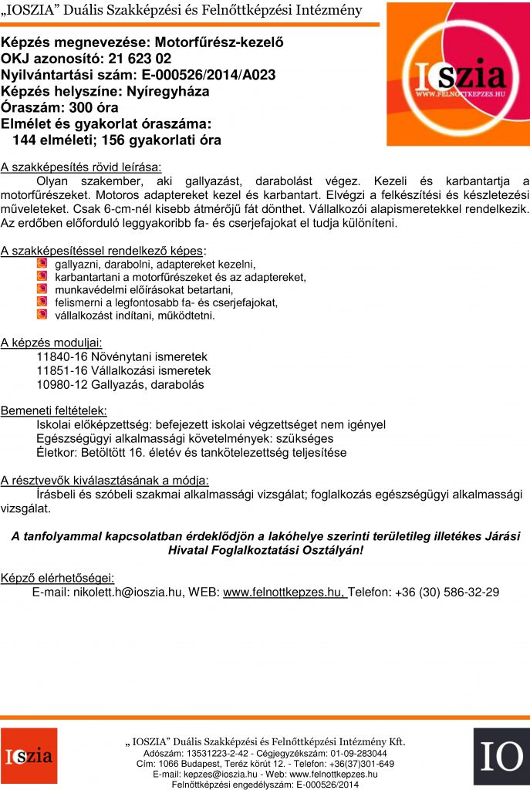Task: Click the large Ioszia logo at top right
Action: point(458,74)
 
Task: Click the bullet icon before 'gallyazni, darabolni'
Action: point(42,264)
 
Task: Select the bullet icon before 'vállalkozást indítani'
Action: point(42,315)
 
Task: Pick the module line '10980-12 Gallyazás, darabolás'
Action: point(120,384)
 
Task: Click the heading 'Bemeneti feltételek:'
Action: point(54,410)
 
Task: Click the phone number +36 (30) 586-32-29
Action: point(447,592)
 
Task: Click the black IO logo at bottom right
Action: point(501,756)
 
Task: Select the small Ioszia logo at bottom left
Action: point(29,756)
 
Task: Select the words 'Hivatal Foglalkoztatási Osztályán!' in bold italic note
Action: point(265,550)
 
